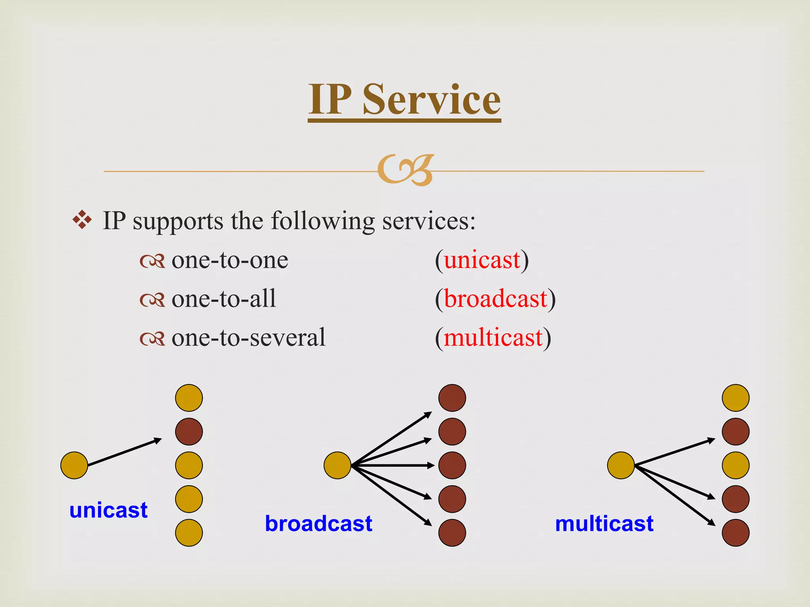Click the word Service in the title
click(431, 100)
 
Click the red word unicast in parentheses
click(482, 260)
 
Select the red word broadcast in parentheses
click(495, 299)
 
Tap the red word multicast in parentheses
click(493, 338)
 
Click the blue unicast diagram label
click(108, 510)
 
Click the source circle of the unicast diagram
click(74, 466)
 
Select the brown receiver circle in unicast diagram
click(189, 432)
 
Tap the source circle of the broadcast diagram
click(337, 466)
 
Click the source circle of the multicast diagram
click(621, 466)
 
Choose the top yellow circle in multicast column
click(736, 398)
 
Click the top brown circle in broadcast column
click(452, 398)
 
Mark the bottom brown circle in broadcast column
click(452, 533)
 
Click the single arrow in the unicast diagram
click(125, 452)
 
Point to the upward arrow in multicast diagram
click(675, 452)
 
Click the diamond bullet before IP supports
click(82, 220)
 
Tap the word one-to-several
click(248, 338)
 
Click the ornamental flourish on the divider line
click(406, 170)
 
